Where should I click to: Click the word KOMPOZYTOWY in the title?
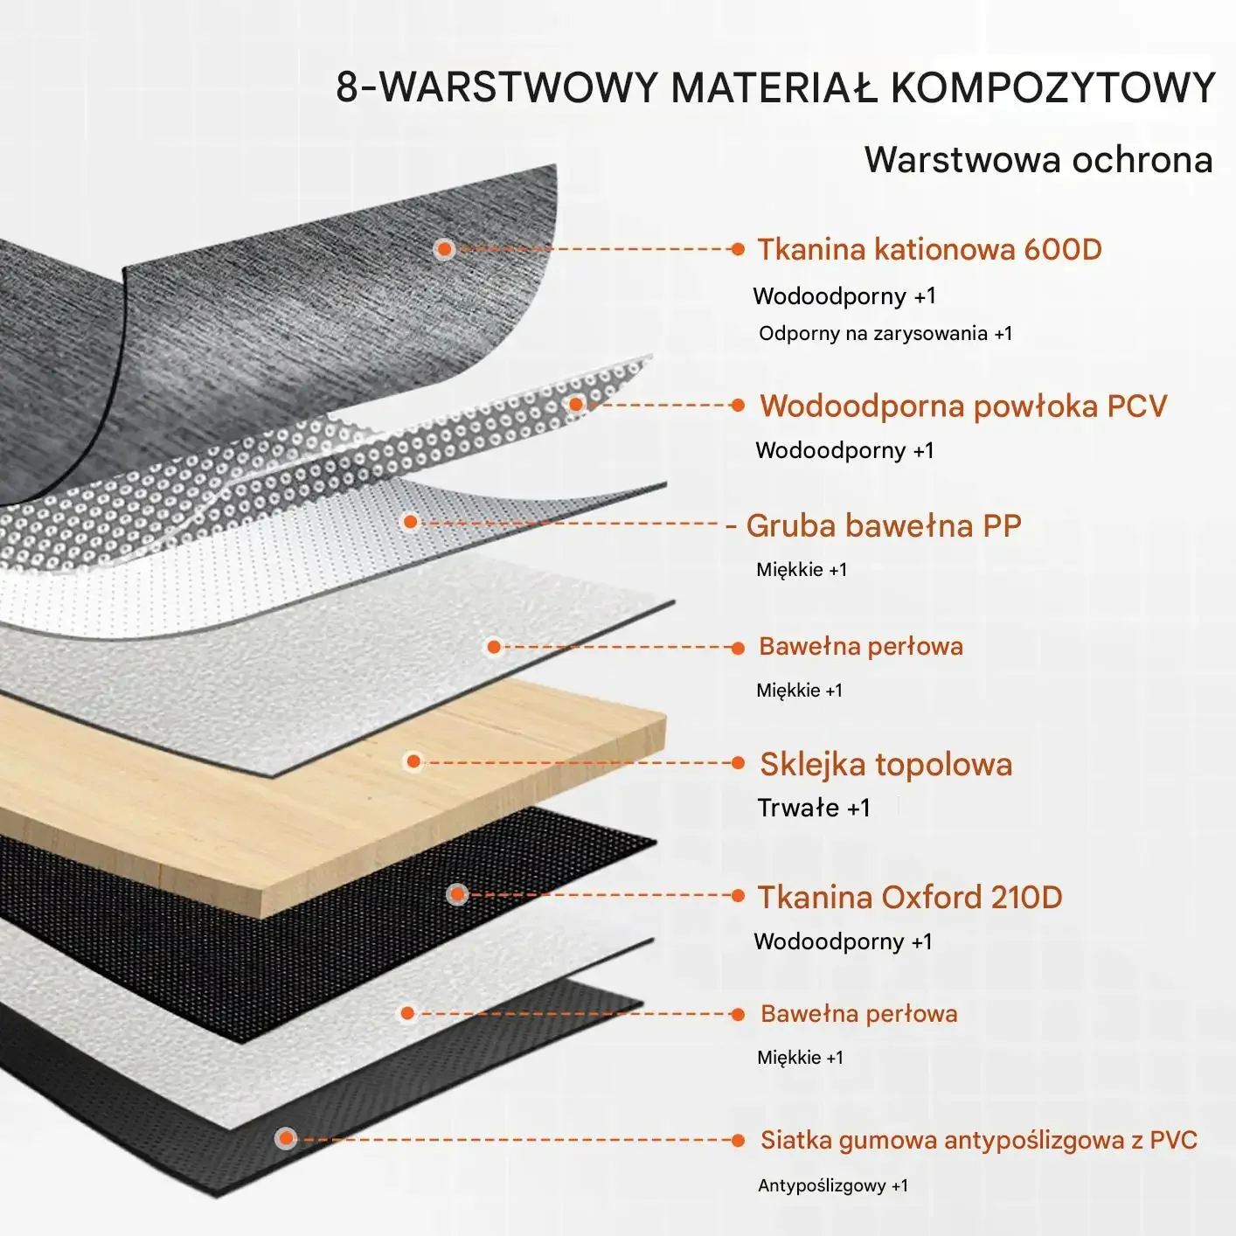(1052, 88)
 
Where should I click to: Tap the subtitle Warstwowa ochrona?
(1038, 160)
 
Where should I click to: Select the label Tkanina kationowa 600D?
(929, 250)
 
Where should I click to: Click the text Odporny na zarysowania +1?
(885, 333)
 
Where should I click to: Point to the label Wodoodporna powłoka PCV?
(963, 406)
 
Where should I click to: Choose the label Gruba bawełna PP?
(884, 526)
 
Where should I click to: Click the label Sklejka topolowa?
(885, 765)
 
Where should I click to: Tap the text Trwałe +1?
(813, 808)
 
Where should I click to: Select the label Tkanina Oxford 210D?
(909, 898)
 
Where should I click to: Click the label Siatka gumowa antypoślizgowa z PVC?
(978, 1140)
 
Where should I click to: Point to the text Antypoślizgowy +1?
(832, 1186)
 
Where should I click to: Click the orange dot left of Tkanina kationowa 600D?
(738, 249)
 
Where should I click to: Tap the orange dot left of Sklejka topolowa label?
(738, 763)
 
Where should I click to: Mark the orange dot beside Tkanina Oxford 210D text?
(738, 895)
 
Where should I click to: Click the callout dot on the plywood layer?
(414, 761)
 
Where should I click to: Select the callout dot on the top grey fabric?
(444, 249)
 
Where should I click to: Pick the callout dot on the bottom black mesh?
(286, 1138)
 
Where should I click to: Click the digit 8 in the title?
(347, 88)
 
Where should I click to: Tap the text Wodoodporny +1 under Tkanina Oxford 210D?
(843, 941)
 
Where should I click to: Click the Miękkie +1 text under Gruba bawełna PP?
(801, 570)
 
